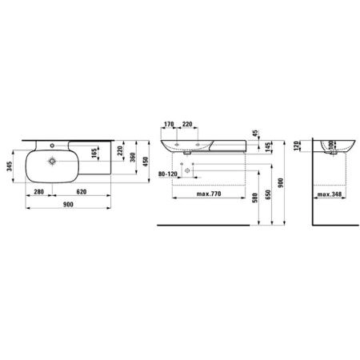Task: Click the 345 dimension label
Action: pyautogui.click(x=10, y=166)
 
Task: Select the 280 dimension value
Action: pyautogui.click(x=39, y=192)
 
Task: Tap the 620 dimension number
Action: pyautogui.click(x=82, y=192)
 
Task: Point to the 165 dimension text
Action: pyautogui.click(x=94, y=153)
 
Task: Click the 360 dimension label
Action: pyautogui.click(x=133, y=158)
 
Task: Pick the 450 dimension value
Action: pyautogui.click(x=146, y=162)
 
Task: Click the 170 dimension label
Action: pyautogui.click(x=169, y=124)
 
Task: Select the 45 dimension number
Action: pyautogui.click(x=255, y=134)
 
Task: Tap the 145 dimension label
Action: pyautogui.click(x=269, y=147)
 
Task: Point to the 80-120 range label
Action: pyautogui.click(x=168, y=174)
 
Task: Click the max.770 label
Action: pyautogui.click(x=209, y=194)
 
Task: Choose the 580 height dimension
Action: pyautogui.click(x=255, y=198)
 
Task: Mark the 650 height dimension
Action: pyautogui.click(x=268, y=194)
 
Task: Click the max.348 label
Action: pyautogui.click(x=330, y=194)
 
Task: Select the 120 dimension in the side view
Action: pyautogui.click(x=296, y=146)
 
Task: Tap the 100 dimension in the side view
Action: pyautogui.click(x=331, y=146)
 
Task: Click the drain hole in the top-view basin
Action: pyautogui.click(x=52, y=161)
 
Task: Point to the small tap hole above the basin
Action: pyautogui.click(x=52, y=146)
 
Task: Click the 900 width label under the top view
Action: pyautogui.click(x=68, y=204)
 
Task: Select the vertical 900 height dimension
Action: pyautogui.click(x=281, y=182)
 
